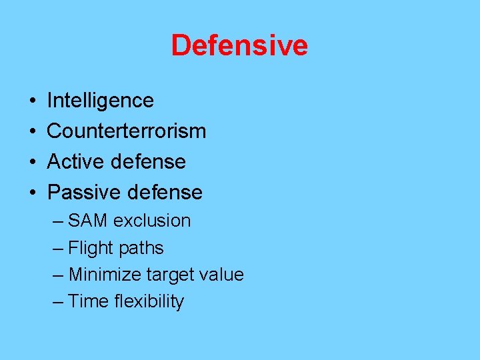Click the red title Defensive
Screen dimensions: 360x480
(239, 45)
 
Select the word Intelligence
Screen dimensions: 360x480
(100, 101)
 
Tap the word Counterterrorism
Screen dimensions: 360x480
(127, 131)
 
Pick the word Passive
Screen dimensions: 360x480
(78, 193)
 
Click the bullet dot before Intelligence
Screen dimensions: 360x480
(33, 101)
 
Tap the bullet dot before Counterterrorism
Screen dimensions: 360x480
(33, 132)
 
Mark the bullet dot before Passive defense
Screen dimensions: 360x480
(33, 193)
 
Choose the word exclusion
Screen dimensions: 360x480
(152, 221)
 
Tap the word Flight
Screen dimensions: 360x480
(91, 248)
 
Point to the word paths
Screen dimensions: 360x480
(141, 248)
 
